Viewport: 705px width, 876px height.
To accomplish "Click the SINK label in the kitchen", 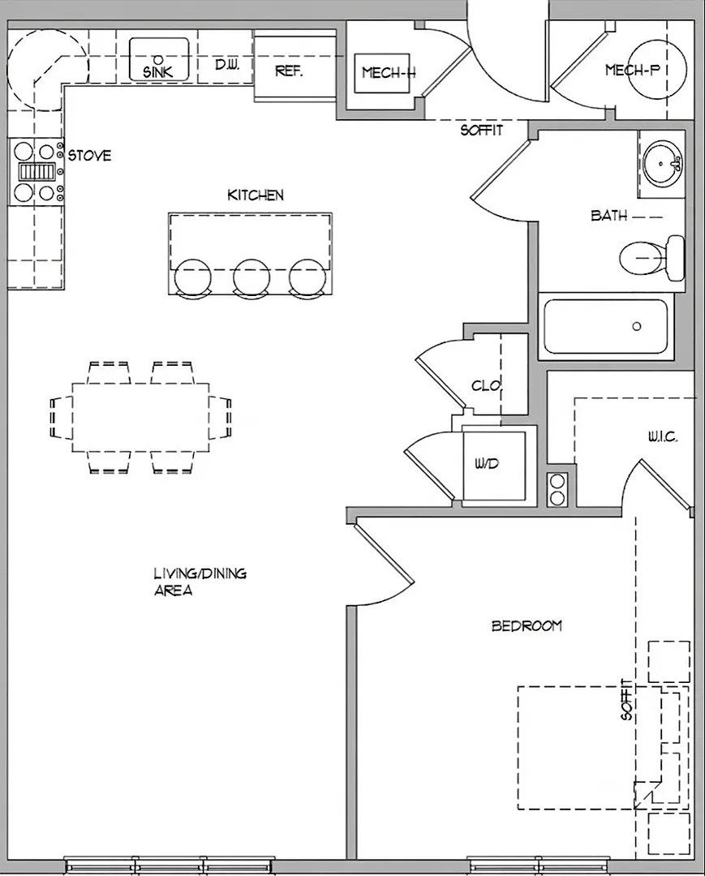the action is [x=158, y=71].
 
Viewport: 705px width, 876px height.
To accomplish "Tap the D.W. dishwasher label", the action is [x=227, y=64].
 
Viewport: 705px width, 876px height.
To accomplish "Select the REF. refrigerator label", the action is [x=289, y=71].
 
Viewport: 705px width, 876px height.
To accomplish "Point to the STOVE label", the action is [x=89, y=155].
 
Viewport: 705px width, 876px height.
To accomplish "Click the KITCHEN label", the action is [x=256, y=195].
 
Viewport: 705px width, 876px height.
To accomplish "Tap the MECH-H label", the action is [x=389, y=72].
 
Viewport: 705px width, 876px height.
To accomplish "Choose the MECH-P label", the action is [x=632, y=70].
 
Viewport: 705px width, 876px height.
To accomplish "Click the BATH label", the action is [x=609, y=215].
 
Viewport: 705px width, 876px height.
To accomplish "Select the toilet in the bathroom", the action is [x=652, y=258].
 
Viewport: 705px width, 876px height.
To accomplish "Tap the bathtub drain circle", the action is [x=636, y=326].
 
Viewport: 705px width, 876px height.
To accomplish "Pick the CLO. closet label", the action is [x=487, y=385].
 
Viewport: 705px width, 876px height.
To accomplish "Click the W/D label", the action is [x=487, y=463].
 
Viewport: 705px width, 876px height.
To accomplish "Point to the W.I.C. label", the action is [x=663, y=437].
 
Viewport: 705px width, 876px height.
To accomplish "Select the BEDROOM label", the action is [x=527, y=625].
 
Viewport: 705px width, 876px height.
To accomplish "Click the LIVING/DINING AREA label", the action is [x=200, y=582].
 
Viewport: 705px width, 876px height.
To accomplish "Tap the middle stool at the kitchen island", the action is [x=251, y=277].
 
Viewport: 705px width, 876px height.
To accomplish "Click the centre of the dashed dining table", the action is [x=141, y=418].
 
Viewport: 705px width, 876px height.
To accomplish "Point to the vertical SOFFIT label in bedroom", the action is [x=627, y=699].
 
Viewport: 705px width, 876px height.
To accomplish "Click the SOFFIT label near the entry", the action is [x=482, y=130].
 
